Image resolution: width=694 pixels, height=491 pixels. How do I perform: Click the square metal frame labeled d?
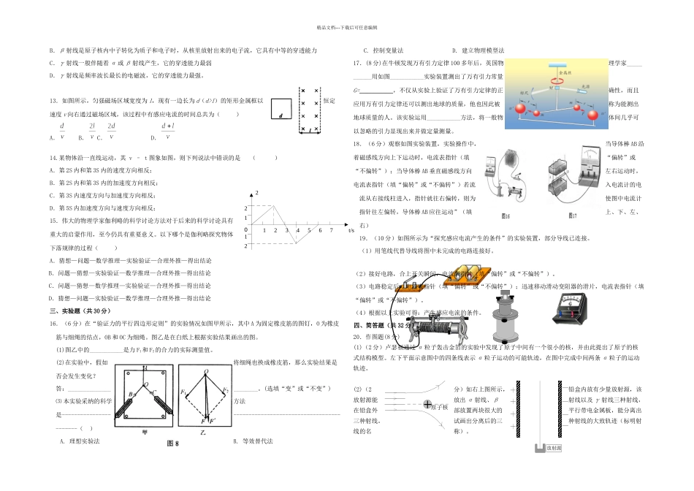coord(281,108)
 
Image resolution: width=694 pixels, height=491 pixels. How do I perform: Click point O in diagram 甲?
coord(145,385)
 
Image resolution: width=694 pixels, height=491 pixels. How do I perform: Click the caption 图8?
coord(173,444)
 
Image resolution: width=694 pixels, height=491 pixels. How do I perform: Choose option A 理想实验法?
coord(83,441)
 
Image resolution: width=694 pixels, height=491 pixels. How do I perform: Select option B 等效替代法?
coord(253,441)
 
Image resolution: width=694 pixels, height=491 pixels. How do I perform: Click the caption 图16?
coord(506,216)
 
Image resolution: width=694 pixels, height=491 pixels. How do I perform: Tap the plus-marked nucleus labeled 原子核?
coord(427,403)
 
